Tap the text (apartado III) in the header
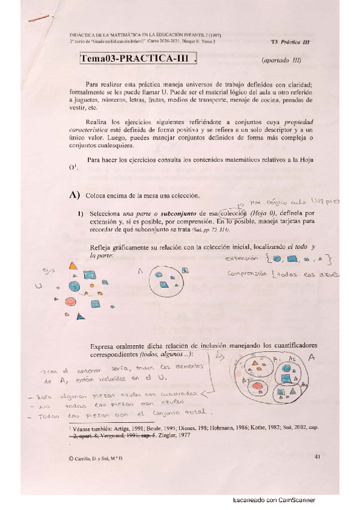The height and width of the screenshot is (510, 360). [x=281, y=61]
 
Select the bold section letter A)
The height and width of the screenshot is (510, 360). [x=75, y=195]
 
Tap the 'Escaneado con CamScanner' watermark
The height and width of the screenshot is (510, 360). [x=273, y=500]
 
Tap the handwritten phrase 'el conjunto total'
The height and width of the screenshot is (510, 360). [x=174, y=414]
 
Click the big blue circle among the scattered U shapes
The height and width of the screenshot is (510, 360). [x=75, y=286]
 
